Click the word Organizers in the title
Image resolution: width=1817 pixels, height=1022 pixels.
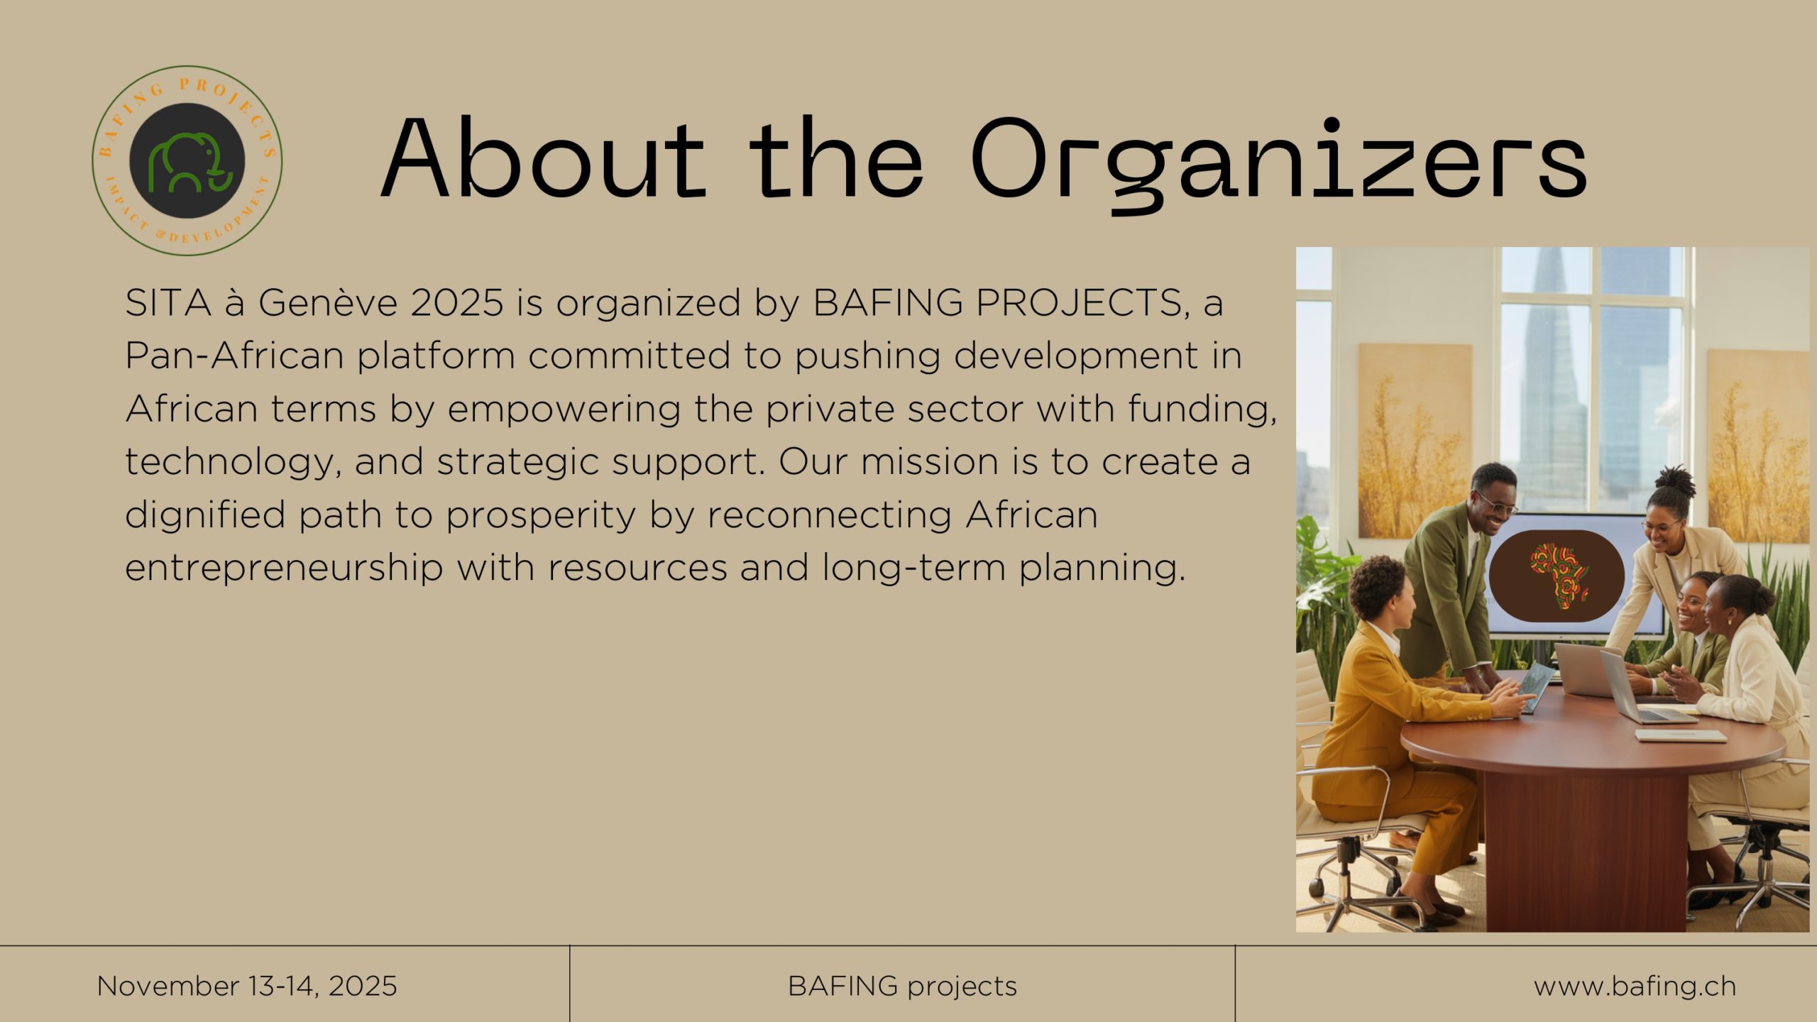point(1278,163)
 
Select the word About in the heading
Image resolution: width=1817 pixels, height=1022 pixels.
point(544,158)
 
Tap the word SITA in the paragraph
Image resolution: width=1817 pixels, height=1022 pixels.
point(168,302)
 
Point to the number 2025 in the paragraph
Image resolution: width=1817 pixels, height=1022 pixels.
point(456,302)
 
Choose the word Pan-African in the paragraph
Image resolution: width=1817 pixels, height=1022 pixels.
point(235,356)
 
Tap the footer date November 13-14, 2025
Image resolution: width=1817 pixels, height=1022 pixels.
point(247,987)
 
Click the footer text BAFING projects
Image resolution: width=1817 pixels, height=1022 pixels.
point(902,987)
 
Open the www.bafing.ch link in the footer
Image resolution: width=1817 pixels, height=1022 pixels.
point(1635,987)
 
